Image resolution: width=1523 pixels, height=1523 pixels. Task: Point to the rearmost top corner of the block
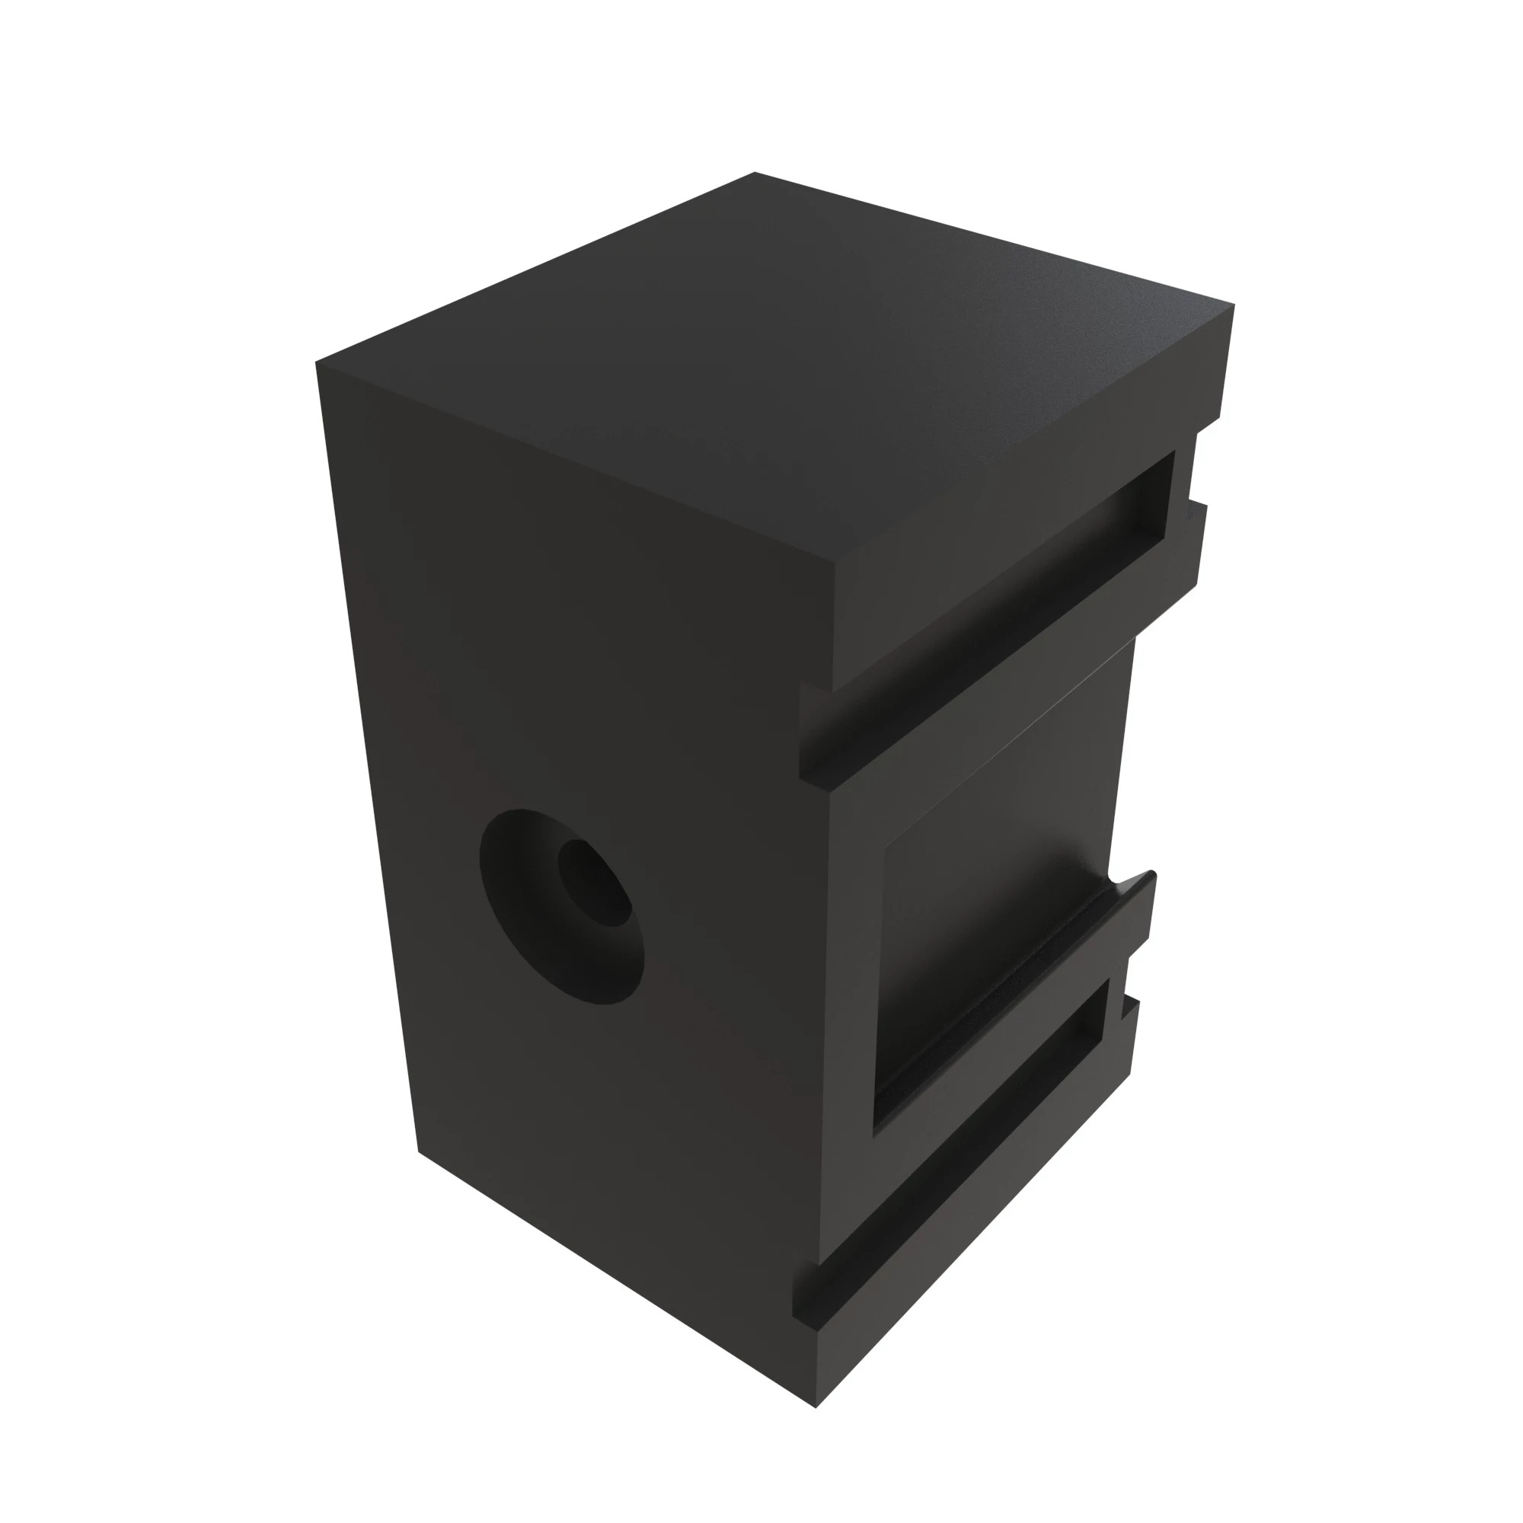(x=755, y=173)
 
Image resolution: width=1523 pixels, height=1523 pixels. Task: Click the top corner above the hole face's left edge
(x=317, y=362)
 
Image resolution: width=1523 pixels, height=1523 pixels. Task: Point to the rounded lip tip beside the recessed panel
(x=1151, y=874)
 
